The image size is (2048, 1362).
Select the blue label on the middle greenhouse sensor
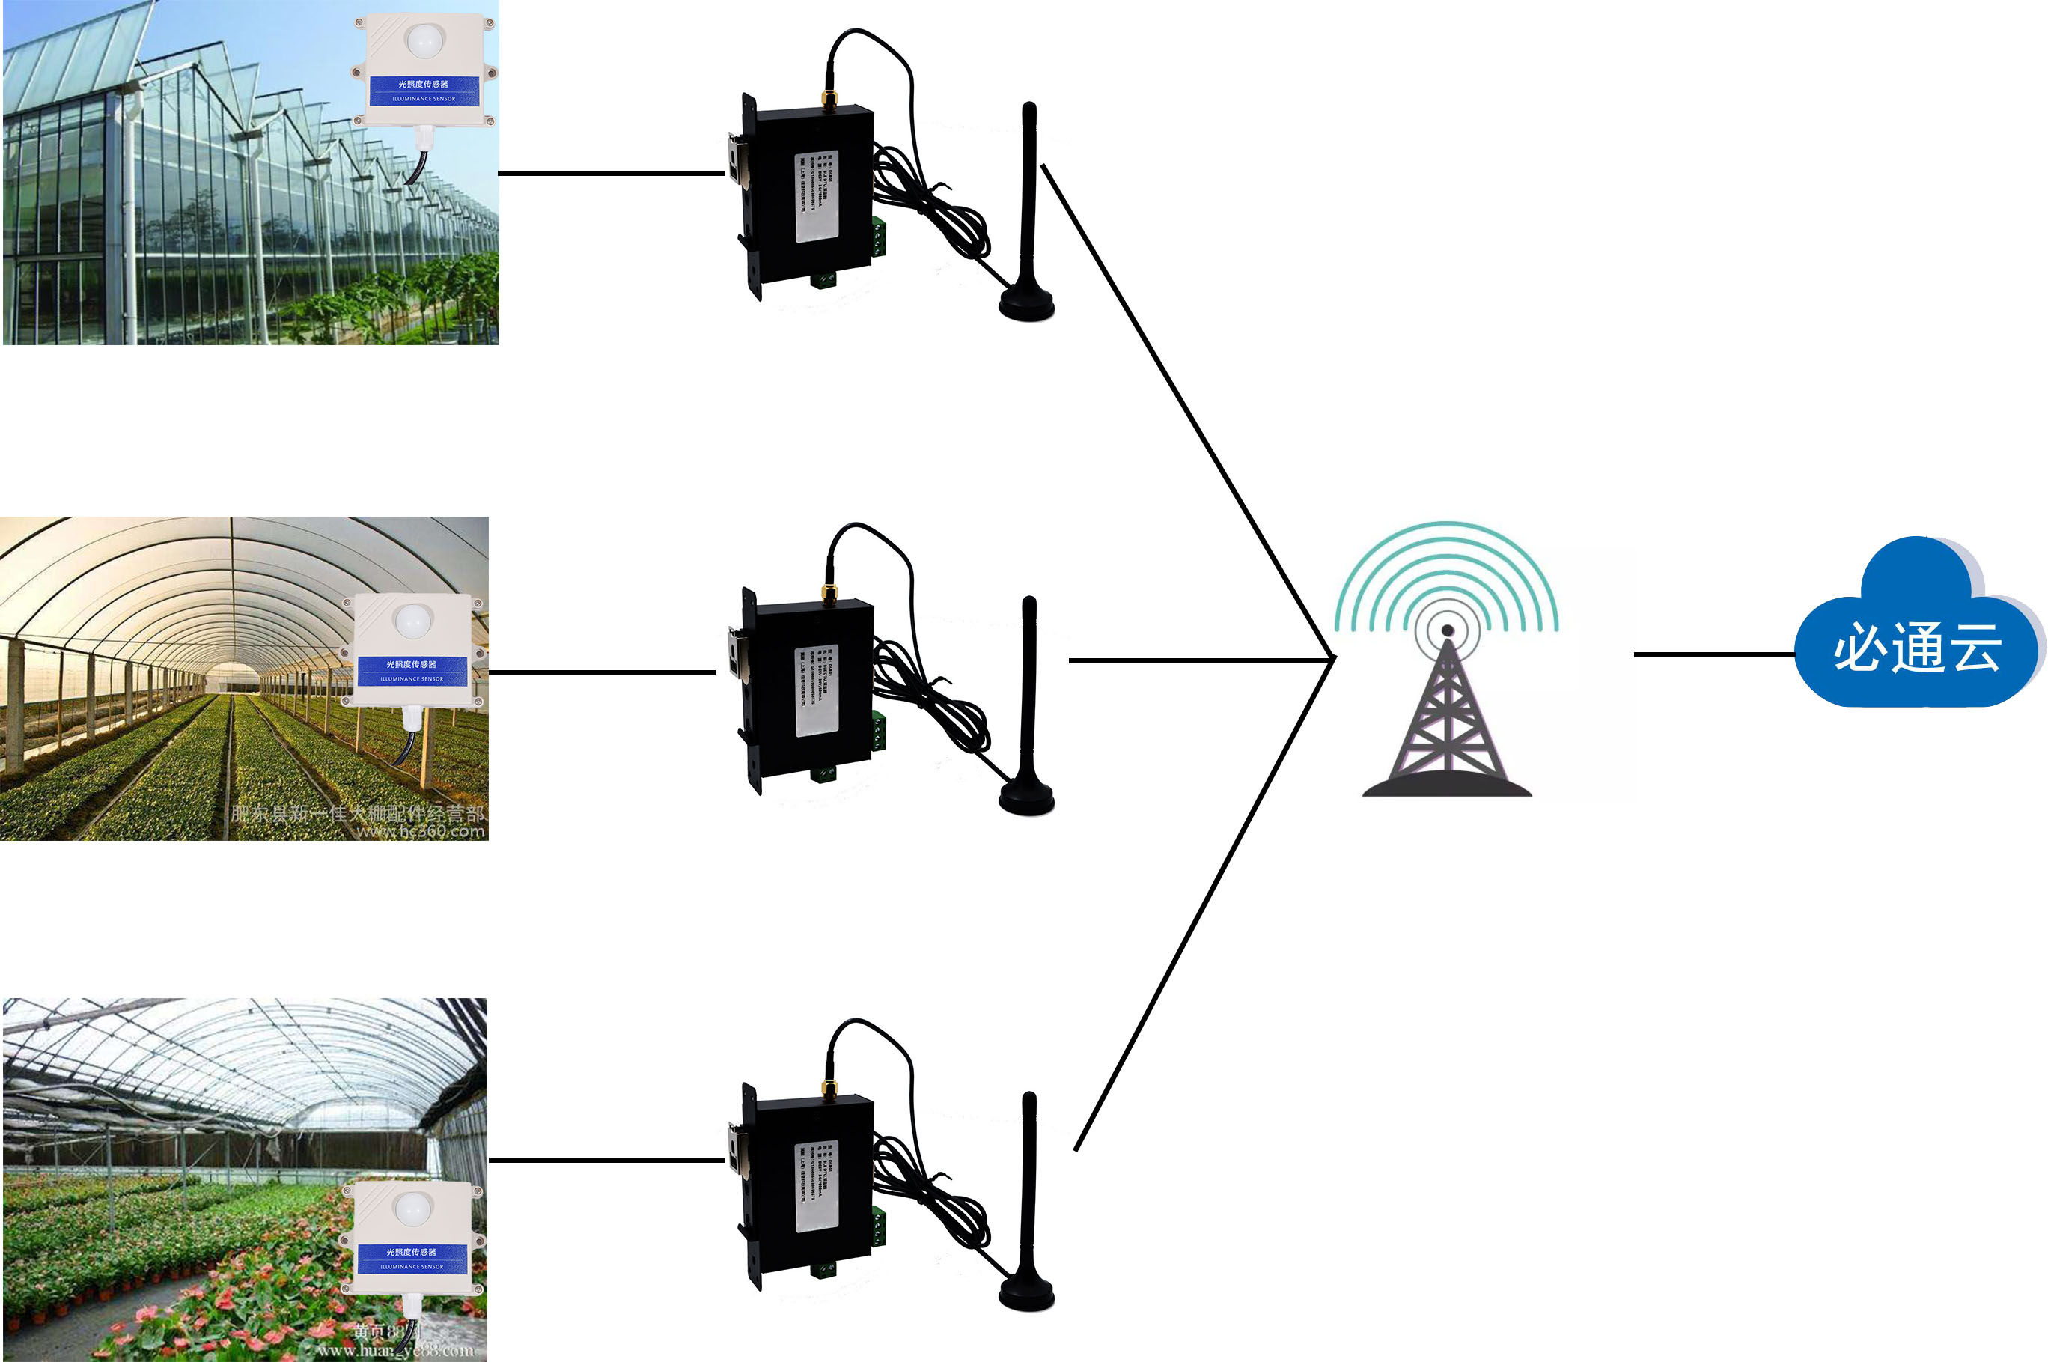tap(412, 669)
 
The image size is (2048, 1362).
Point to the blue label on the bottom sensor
tap(412, 1258)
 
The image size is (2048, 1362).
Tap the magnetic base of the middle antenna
tap(1026, 797)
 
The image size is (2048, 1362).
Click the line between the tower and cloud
tap(1715, 654)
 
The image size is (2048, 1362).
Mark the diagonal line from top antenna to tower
tap(1185, 408)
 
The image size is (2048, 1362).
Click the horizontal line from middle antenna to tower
tap(1198, 660)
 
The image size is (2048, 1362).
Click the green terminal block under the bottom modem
tap(822, 1271)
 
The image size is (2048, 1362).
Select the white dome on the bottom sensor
tap(412, 1209)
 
